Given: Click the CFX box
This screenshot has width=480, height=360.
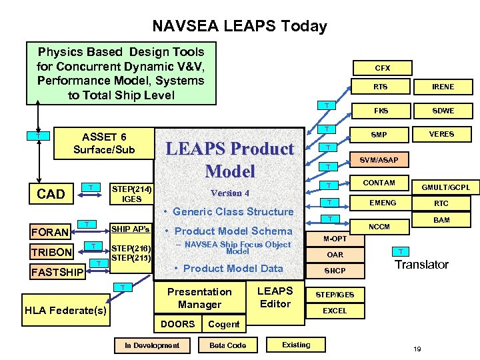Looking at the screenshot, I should [x=382, y=68].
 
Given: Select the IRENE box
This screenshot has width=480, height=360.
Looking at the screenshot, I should [x=443, y=87].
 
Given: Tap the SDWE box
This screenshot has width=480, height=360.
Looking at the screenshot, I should [x=443, y=110].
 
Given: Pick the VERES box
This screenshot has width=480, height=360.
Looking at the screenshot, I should [x=441, y=134].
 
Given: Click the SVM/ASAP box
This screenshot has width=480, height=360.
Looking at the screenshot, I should [x=379, y=161].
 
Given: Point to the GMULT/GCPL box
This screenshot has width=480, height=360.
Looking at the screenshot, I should [x=445, y=187].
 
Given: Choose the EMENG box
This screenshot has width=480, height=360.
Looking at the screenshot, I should [x=383, y=202].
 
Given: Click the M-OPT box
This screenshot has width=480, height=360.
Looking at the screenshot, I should [x=335, y=238].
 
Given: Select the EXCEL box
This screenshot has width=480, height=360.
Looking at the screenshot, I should [x=335, y=311].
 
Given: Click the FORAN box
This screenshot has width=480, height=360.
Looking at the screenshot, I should [x=51, y=232].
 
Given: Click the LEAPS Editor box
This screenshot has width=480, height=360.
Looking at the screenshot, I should [x=275, y=297].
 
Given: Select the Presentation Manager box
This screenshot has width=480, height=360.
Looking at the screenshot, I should [x=199, y=298].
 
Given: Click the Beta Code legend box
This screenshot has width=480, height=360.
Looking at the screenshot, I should [x=227, y=345].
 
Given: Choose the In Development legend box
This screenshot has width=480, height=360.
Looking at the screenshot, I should [x=152, y=345].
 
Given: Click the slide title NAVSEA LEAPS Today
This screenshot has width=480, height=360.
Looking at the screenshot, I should [x=239, y=26].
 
